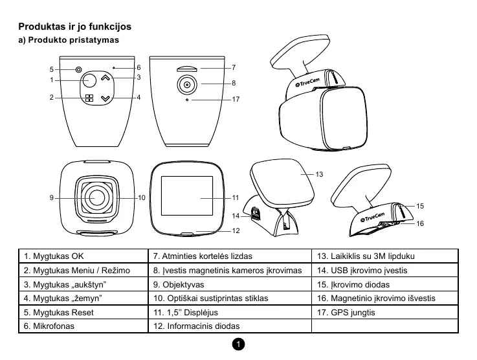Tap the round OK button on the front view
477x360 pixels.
[89, 80]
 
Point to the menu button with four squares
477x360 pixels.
[89, 98]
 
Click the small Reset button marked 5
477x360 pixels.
[78, 69]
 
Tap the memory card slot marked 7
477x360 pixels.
[188, 67]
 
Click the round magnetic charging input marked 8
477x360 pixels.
[187, 84]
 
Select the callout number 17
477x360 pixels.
[236, 100]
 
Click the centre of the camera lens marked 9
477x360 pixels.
[97, 197]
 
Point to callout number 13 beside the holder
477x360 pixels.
[319, 174]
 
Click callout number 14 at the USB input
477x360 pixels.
[236, 216]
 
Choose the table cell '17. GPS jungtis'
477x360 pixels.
[346, 313]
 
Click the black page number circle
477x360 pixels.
[239, 344]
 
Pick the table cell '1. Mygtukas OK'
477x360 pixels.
[54, 256]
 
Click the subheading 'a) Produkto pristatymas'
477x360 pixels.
[68, 40]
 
